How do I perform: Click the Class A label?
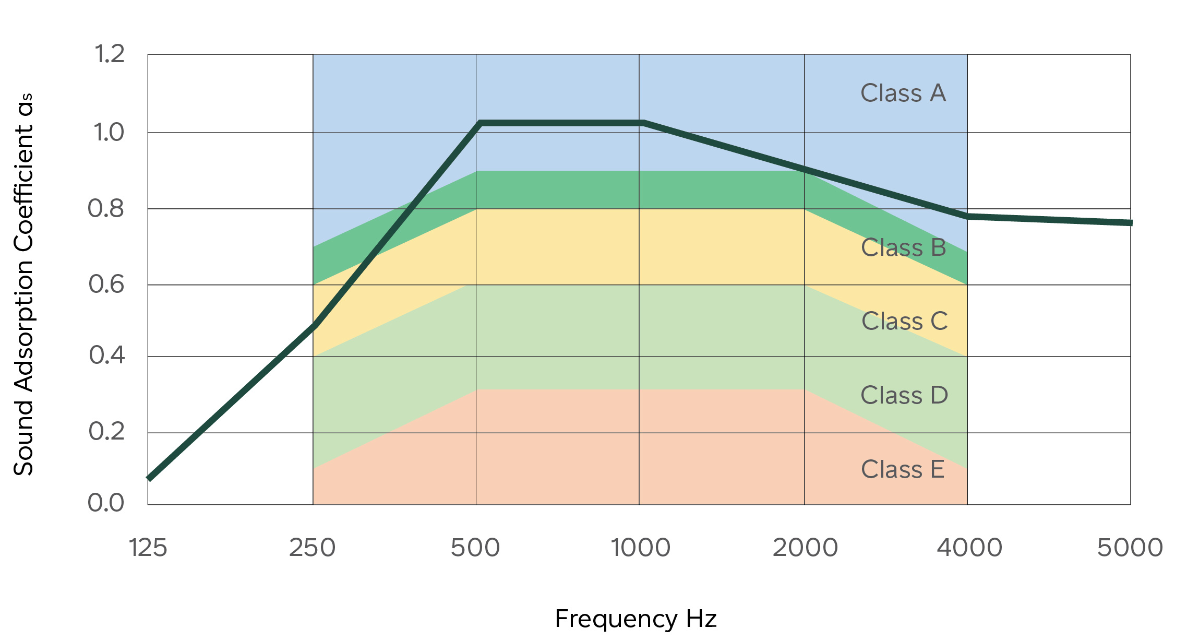click(x=903, y=93)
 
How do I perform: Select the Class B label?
click(x=903, y=247)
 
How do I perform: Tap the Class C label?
click(x=904, y=321)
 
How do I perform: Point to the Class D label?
click(x=904, y=395)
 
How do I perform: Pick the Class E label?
click(x=903, y=469)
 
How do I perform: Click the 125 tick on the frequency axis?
click(x=148, y=548)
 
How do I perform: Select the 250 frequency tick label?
click(x=312, y=548)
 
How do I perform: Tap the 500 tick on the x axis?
click(x=475, y=548)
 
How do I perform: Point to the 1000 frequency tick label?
click(x=640, y=548)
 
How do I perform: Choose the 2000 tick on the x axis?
click(x=805, y=548)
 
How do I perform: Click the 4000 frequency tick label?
click(x=969, y=548)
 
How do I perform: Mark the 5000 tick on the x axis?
click(x=1130, y=548)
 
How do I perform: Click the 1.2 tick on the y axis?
click(x=109, y=54)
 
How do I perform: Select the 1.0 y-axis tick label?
click(x=109, y=133)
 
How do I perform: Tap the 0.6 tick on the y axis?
click(x=106, y=285)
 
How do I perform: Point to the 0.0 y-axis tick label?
click(x=106, y=503)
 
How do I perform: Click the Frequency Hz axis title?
click(x=636, y=619)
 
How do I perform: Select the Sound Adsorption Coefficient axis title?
click(x=23, y=285)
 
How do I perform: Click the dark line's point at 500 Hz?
click(x=479, y=123)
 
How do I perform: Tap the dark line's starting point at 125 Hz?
click(x=149, y=478)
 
